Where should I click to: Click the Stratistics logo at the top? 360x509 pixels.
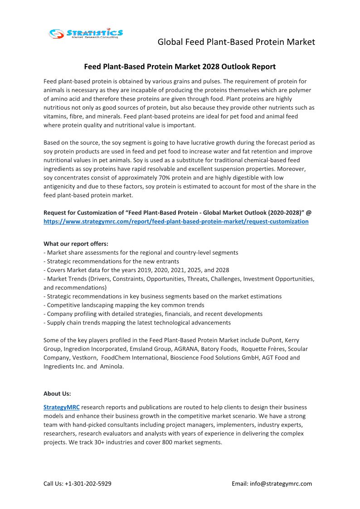pos(86,33)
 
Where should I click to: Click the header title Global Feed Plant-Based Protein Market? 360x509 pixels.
pos(236,42)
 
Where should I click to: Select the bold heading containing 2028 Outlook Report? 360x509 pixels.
pos(180,67)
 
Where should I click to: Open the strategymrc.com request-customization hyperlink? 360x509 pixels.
pos(176,222)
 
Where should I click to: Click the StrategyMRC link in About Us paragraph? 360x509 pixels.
pos(62,407)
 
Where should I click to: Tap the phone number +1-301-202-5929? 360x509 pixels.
pos(88,484)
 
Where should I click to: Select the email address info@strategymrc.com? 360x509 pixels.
pos(281,484)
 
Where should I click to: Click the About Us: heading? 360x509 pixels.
pos(57,393)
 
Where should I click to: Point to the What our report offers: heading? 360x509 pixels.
pos(76,244)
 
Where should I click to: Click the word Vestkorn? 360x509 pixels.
pos(83,358)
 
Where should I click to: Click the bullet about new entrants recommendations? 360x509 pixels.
pos(111,261)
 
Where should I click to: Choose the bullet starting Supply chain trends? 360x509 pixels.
pos(137,323)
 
